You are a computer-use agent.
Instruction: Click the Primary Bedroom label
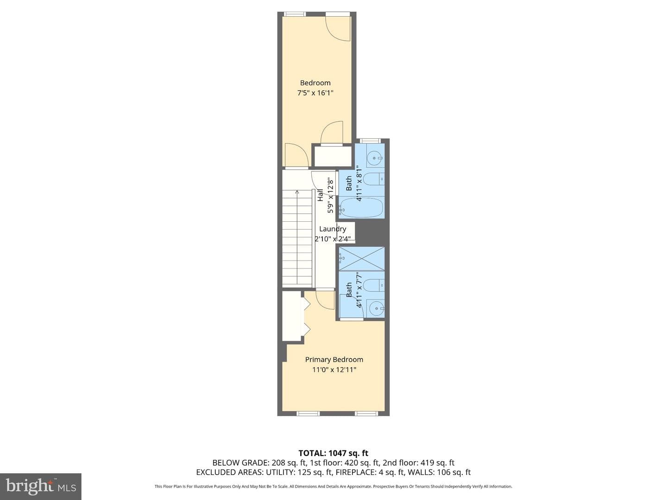[334, 360]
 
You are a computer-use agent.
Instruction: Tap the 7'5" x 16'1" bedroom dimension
[315, 93]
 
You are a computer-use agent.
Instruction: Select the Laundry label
[333, 229]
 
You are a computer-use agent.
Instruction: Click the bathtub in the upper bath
[361, 208]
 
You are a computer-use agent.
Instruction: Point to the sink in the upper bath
[375, 158]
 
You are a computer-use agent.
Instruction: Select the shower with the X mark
[362, 258]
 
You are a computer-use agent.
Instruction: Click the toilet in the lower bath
[374, 285]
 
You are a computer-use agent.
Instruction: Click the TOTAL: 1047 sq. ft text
[333, 453]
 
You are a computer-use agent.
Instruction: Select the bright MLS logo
[41, 486]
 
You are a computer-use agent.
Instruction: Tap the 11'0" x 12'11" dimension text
[334, 370]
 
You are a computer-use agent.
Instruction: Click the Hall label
[320, 195]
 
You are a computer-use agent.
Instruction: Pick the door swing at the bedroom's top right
[338, 29]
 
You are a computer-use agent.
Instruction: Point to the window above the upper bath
[370, 141]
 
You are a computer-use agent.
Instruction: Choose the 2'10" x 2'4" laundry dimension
[334, 239]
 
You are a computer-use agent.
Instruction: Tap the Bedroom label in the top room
[315, 82]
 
